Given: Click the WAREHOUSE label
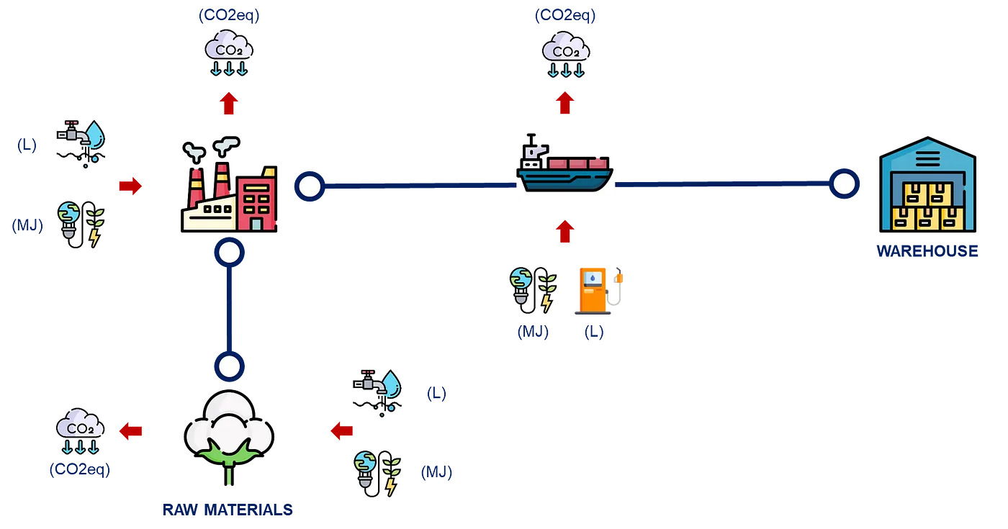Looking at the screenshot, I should coord(927,251).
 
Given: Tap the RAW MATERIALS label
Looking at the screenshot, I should coord(228,510).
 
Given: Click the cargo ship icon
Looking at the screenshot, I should coord(565,167).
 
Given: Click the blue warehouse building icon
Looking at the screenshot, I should coord(927,186).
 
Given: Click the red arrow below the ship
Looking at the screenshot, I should coord(565,232).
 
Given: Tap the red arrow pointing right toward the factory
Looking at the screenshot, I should coord(130,186).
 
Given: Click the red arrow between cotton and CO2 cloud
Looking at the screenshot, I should coord(130,430).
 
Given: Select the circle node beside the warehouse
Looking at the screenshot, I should coord(844,184).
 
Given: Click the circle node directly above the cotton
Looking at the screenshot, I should coord(230,365).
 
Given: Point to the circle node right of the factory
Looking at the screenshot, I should coord(310,186).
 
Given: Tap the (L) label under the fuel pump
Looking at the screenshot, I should coord(594,333).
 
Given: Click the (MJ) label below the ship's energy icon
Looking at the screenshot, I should coord(533,333).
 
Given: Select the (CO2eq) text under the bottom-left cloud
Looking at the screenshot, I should coord(80,469).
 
